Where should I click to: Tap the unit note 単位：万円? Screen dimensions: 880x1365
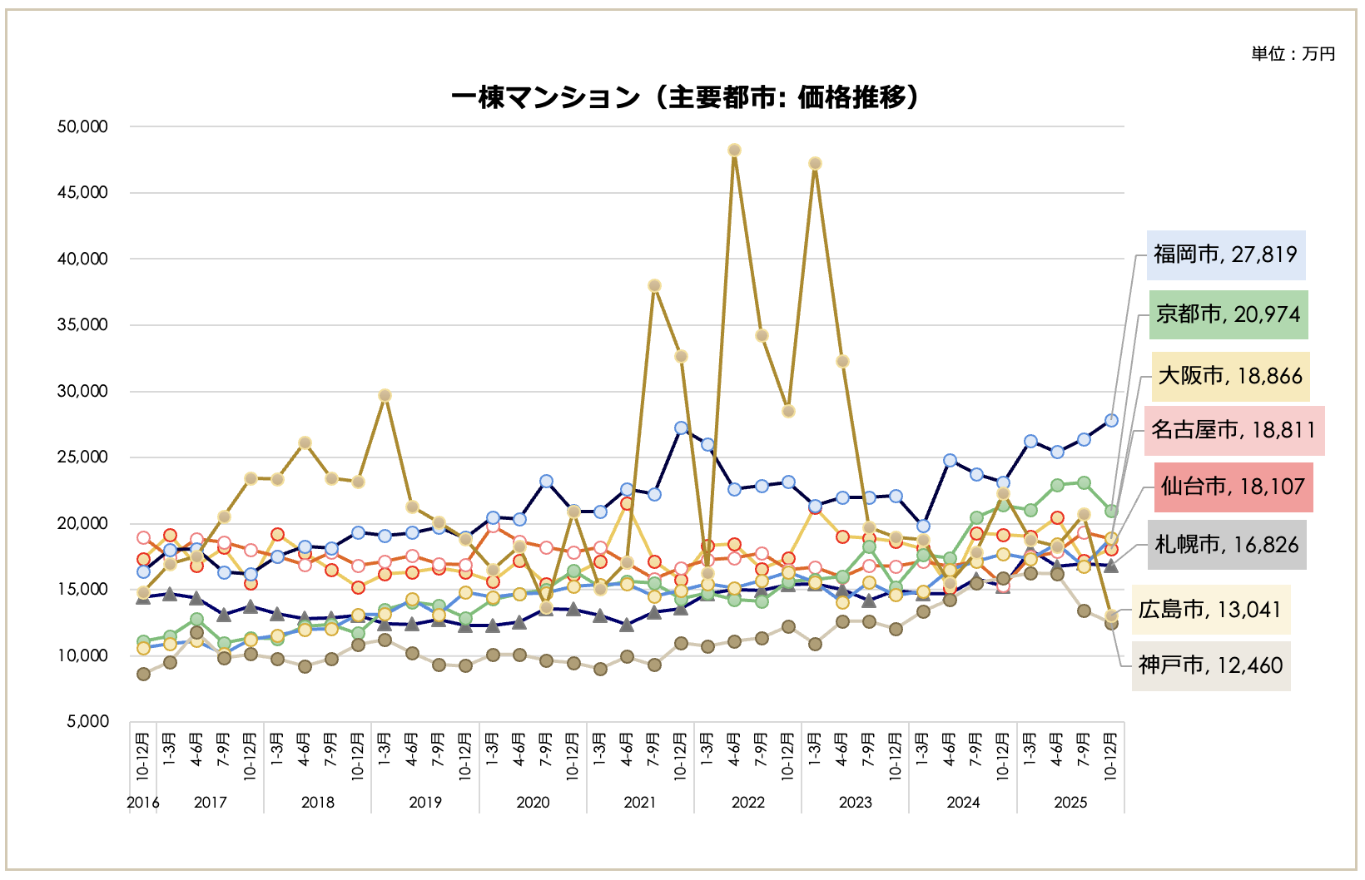point(1293,54)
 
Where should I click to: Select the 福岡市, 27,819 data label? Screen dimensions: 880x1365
point(1225,255)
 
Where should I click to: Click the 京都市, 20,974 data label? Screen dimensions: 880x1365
point(1228,314)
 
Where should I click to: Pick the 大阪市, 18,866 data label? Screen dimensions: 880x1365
point(1230,376)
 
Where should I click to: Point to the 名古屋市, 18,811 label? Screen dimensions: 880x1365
point(1233,430)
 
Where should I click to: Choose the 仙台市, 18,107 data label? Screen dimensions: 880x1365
point(1233,487)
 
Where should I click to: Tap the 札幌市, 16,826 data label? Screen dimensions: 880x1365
point(1226,545)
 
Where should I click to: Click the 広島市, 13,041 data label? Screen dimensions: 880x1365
point(1209,610)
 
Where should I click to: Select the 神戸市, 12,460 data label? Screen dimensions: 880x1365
point(1210,665)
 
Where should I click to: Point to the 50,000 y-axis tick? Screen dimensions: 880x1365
point(82,126)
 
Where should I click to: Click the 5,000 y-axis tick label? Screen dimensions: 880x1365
point(87,721)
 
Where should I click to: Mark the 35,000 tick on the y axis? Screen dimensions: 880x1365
point(82,324)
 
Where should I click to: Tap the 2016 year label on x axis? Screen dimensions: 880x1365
point(142,803)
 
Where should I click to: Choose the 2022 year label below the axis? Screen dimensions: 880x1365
point(747,803)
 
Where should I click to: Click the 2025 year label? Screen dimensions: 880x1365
point(1070,803)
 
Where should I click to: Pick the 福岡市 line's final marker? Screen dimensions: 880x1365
point(1110,420)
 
